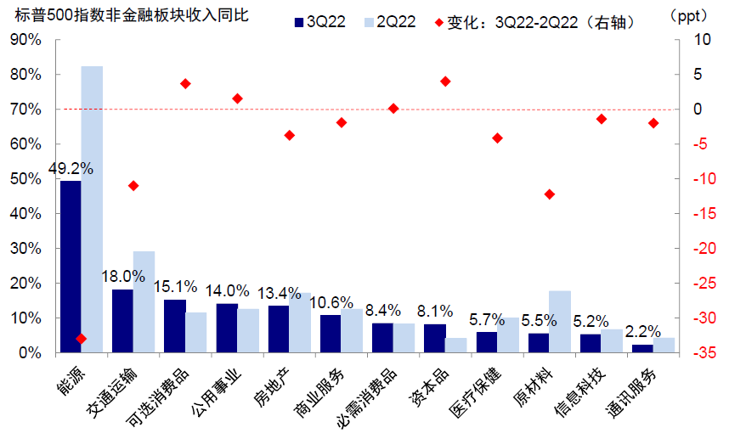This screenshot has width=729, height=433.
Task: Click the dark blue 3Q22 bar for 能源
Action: [x=71, y=266]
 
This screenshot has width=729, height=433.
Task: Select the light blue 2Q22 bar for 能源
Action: [x=92, y=209]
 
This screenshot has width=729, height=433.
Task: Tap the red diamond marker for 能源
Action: [x=82, y=338]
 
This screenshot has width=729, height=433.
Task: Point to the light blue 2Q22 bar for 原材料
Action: [x=559, y=321]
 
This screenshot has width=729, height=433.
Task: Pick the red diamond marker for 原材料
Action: [x=549, y=194]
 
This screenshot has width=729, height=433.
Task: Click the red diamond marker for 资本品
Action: [x=445, y=82]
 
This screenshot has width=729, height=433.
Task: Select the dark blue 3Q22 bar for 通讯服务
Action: [x=642, y=348]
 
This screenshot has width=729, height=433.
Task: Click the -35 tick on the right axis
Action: [x=700, y=352]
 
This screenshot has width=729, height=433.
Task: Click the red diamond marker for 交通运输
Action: [x=133, y=186]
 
